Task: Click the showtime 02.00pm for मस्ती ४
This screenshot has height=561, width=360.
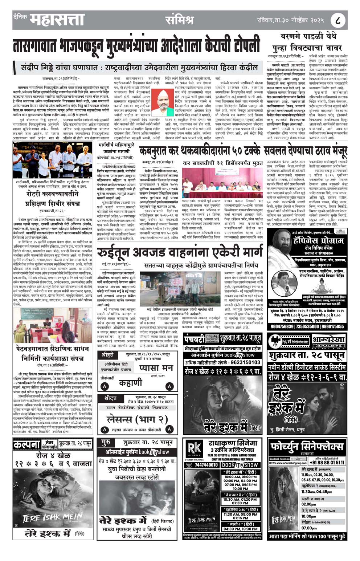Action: click(309, 504)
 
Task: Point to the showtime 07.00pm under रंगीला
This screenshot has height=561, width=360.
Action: click(309, 528)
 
